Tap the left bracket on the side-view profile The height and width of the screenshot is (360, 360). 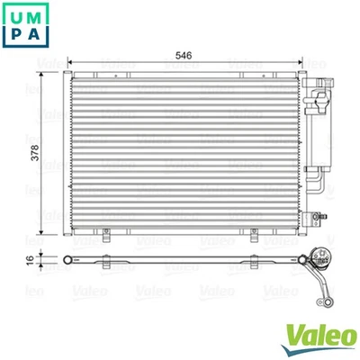108,262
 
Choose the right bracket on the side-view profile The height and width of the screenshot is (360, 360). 255,262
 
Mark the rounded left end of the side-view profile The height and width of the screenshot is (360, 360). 64,262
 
